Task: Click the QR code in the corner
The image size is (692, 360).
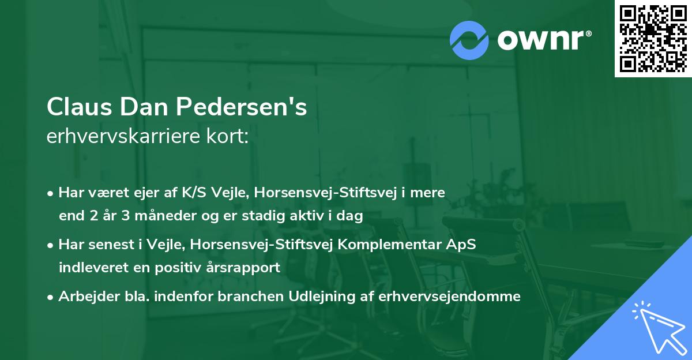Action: point(653,39)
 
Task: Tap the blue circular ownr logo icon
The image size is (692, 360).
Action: point(469,40)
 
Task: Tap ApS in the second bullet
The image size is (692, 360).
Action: point(462,245)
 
